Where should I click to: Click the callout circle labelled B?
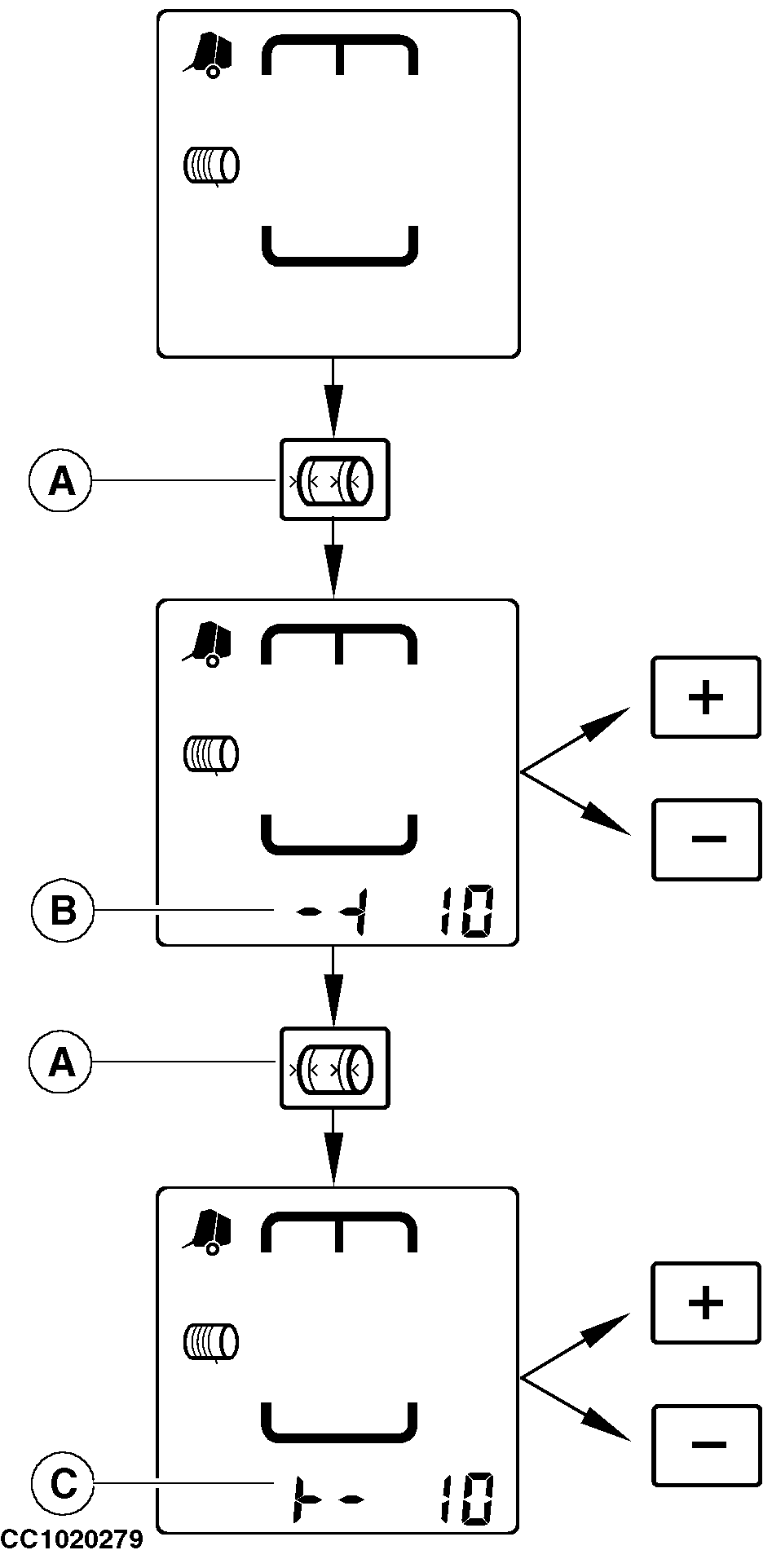tap(63, 911)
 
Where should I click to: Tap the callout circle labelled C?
tap(63, 1485)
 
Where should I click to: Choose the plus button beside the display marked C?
tap(706, 1303)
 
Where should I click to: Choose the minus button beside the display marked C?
tap(706, 1444)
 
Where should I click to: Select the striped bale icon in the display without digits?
tap(211, 165)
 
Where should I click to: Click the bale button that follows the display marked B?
tap(334, 1067)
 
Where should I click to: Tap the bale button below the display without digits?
tap(334, 479)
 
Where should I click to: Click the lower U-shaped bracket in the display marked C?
tap(339, 1429)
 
